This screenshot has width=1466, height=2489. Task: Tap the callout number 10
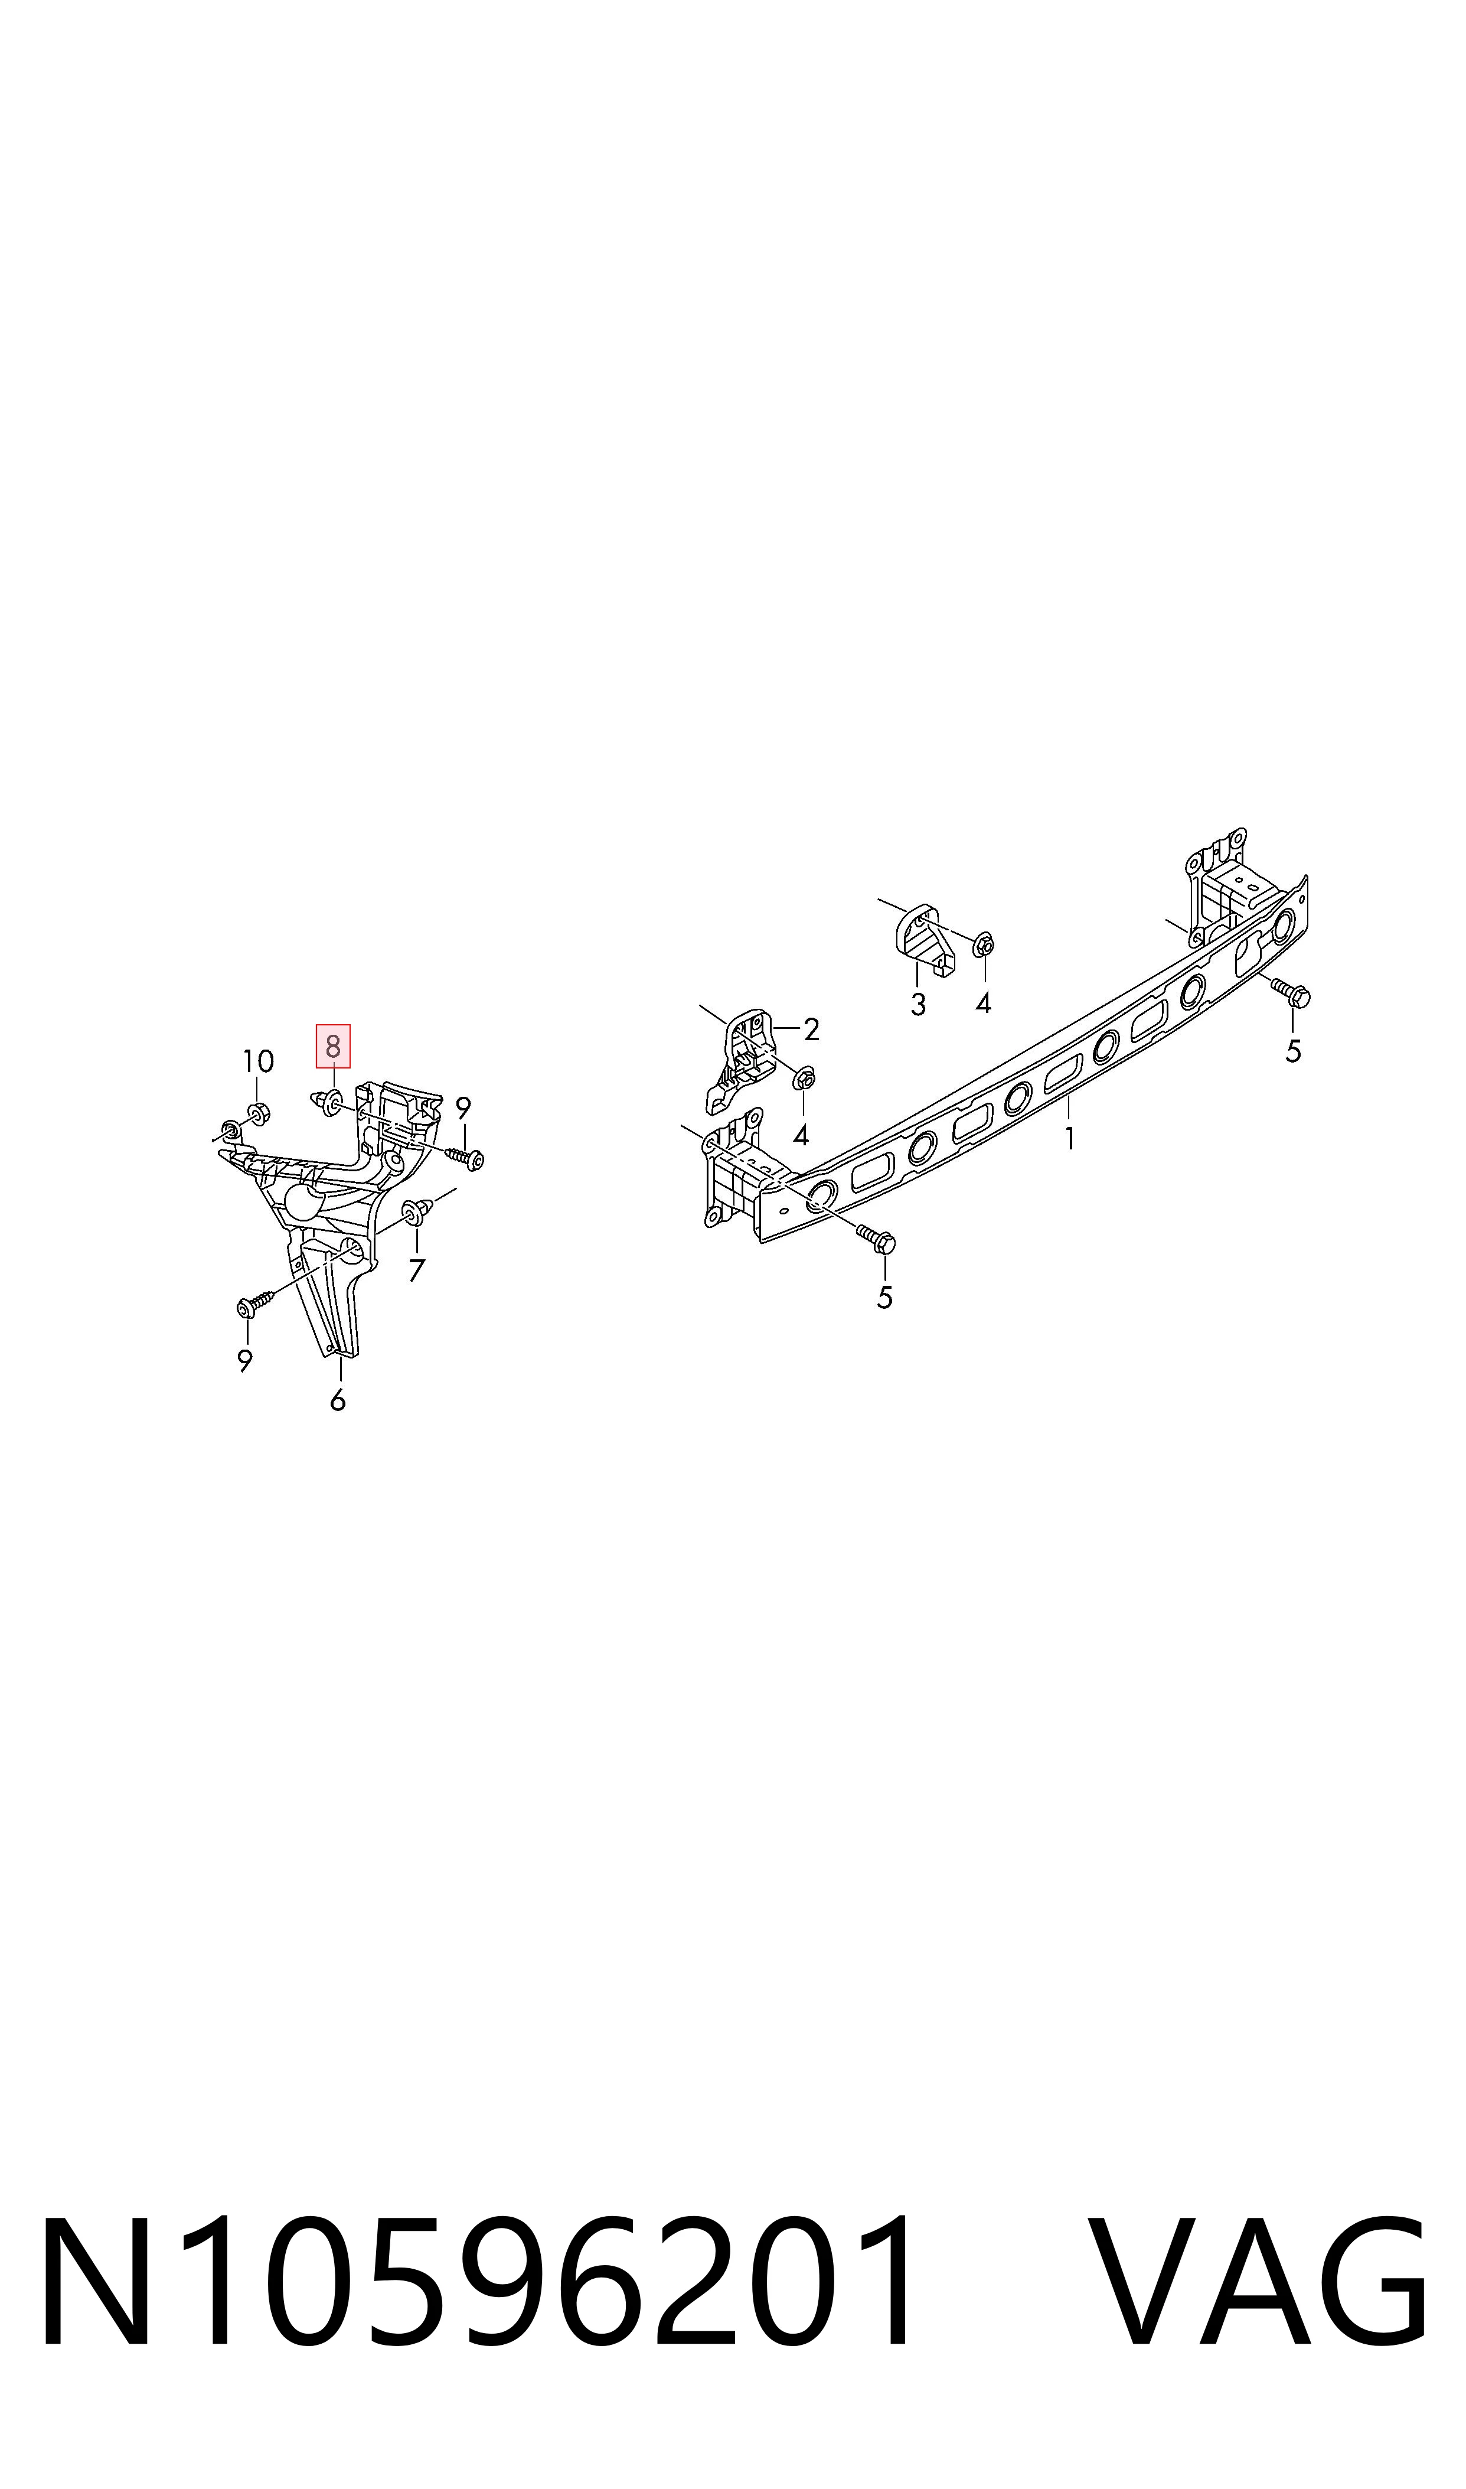pos(258,1062)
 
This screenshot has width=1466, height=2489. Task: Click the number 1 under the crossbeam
pos(1070,1139)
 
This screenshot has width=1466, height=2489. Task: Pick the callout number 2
pos(811,1031)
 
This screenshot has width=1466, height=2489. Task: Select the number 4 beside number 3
pos(983,1004)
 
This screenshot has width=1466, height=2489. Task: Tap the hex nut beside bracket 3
pos(983,946)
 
